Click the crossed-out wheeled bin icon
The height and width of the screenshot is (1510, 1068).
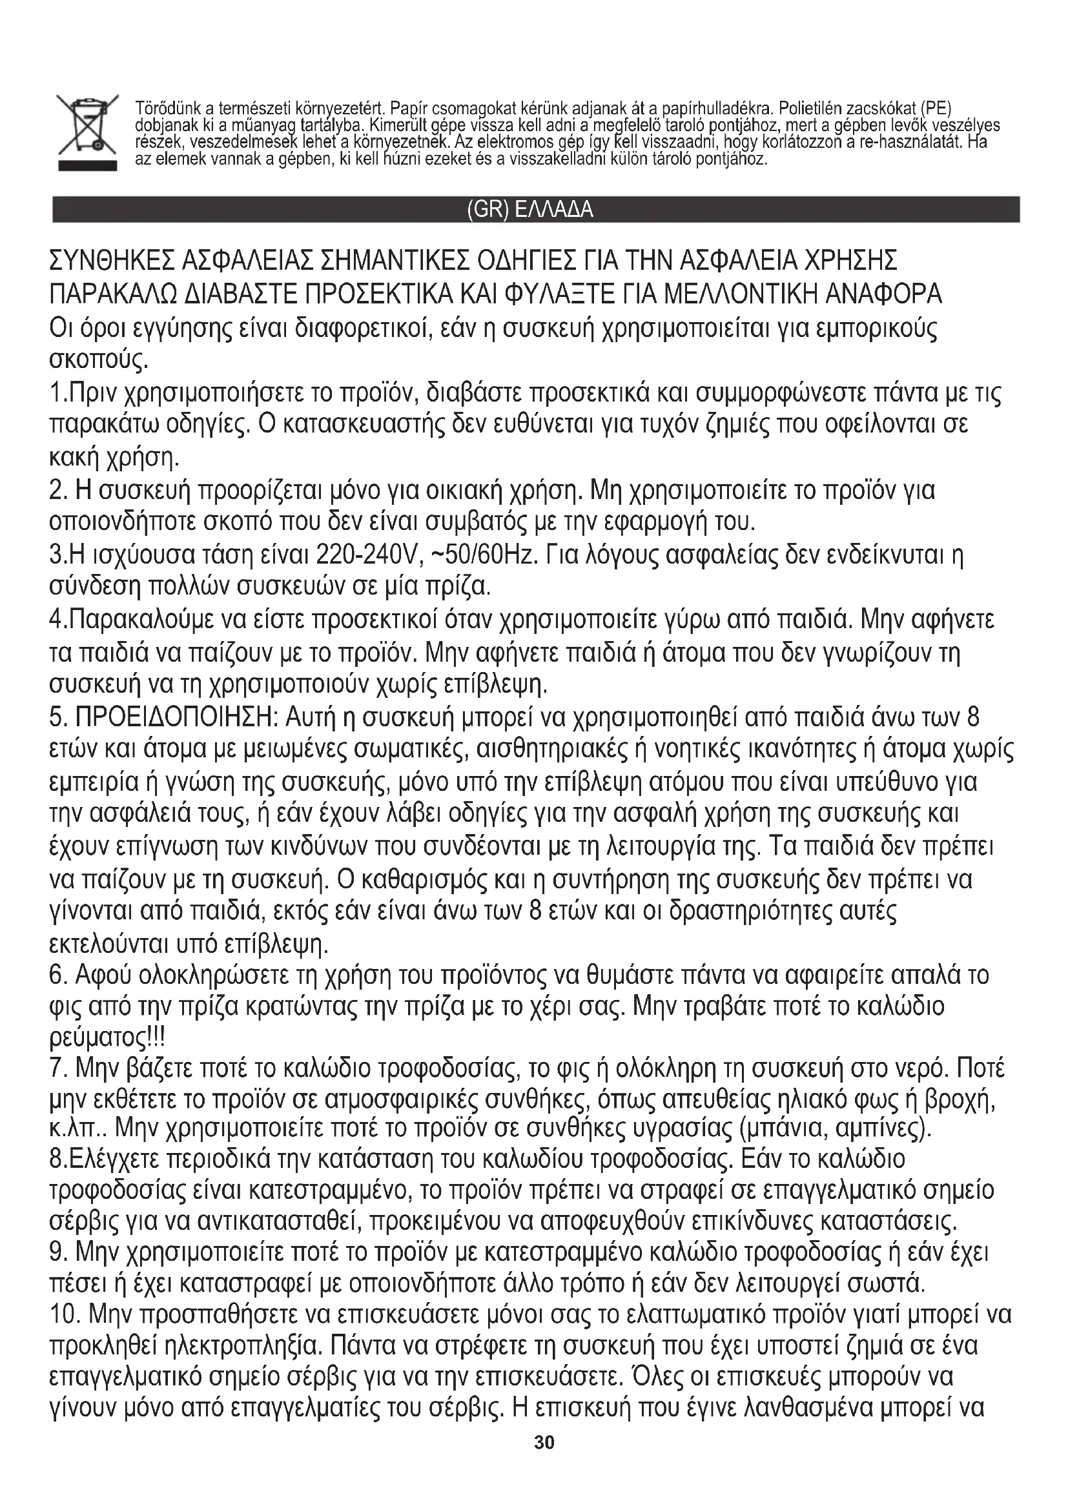click(x=85, y=124)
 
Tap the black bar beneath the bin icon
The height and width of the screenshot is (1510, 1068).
click(x=87, y=165)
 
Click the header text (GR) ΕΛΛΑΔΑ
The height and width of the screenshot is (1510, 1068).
click(x=529, y=210)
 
